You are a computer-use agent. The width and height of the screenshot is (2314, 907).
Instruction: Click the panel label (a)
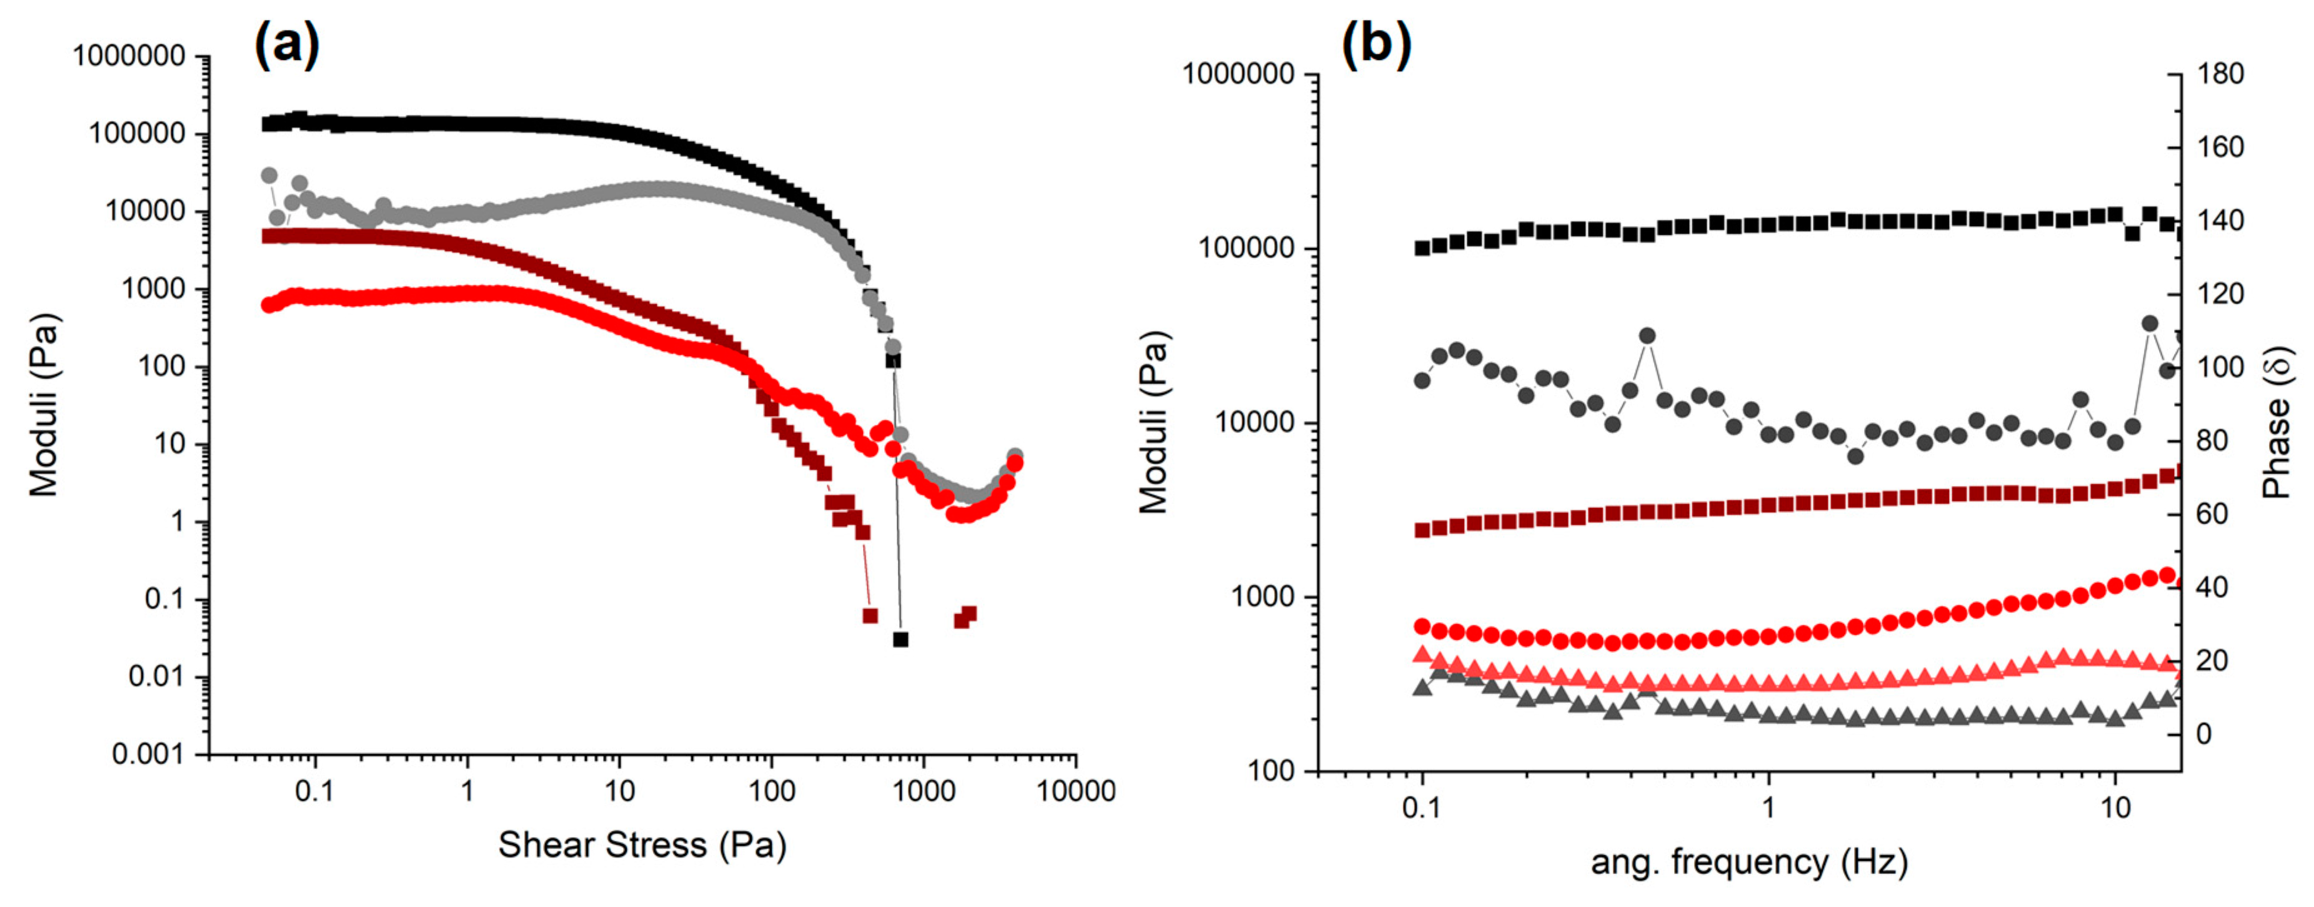click(287, 43)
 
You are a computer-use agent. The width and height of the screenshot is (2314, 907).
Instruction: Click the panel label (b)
click(1375, 43)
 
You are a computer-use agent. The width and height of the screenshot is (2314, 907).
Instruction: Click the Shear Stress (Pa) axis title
click(642, 845)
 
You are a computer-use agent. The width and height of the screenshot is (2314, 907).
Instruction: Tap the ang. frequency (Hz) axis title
click(1749, 862)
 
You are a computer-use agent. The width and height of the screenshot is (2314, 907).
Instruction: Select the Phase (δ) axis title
click(2277, 422)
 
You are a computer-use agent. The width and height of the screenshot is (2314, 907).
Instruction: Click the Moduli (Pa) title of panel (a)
click(43, 404)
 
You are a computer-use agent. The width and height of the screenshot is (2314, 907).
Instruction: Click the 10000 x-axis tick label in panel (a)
click(1075, 791)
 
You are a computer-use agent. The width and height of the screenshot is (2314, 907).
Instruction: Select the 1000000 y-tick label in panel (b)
click(1238, 74)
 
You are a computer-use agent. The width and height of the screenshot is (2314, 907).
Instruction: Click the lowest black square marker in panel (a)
click(900, 640)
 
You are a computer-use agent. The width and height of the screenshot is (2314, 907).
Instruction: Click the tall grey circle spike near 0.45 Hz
click(1647, 337)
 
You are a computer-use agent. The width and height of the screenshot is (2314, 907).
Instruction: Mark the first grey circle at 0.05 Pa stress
click(269, 175)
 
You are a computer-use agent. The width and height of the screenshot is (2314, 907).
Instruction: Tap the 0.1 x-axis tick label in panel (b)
click(1421, 807)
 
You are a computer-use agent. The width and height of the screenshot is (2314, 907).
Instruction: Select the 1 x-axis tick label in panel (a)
click(466, 791)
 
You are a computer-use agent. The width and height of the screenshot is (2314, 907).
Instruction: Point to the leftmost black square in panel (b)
click(1422, 248)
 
